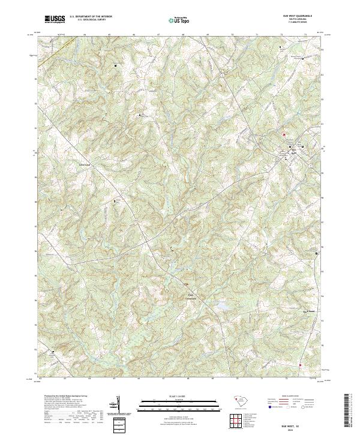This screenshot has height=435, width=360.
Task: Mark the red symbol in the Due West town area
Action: pyautogui.click(x=284, y=134)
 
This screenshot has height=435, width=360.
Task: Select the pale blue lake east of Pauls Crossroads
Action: pyautogui.click(x=223, y=307)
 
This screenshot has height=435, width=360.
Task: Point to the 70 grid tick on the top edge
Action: pyautogui.click(x=232, y=35)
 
